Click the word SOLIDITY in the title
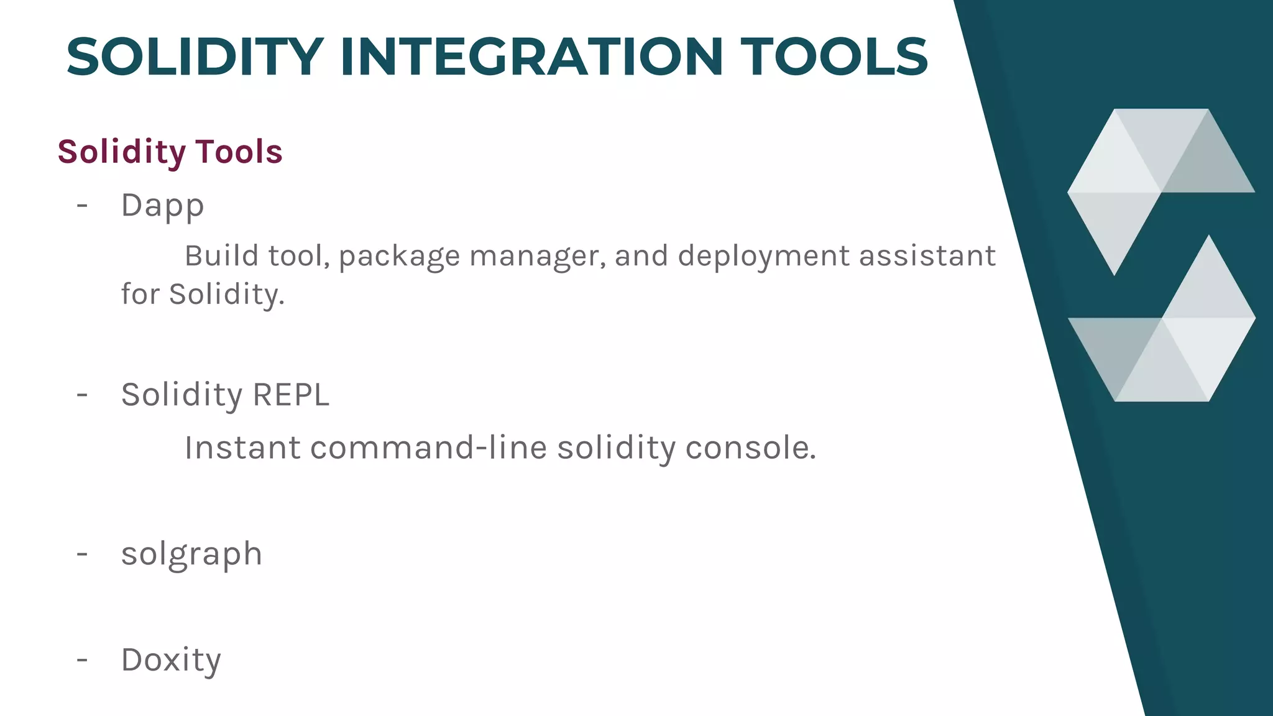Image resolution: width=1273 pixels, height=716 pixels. pyautogui.click(x=195, y=57)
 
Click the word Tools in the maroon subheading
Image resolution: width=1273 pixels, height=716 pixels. pyautogui.click(x=239, y=152)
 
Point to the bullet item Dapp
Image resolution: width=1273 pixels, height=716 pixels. pyautogui.click(x=162, y=206)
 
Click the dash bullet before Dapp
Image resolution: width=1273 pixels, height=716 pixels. pyautogui.click(x=82, y=205)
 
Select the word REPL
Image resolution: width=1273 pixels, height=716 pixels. pyautogui.click(x=291, y=395)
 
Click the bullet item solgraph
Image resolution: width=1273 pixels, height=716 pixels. pyautogui.click(x=191, y=554)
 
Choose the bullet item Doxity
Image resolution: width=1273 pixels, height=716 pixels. pyautogui.click(x=171, y=660)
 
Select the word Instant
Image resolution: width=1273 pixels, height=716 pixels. pyautogui.click(x=242, y=448)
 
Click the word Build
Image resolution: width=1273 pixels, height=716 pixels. pyautogui.click(x=221, y=256)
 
